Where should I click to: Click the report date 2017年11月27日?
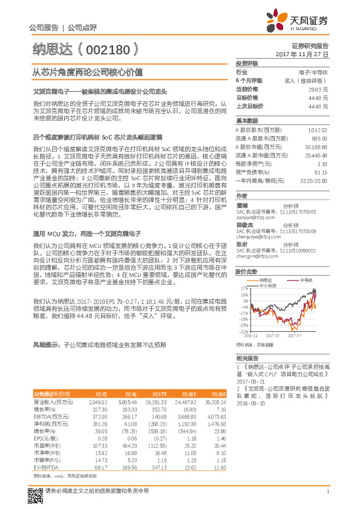pyautogui.click(x=301, y=54)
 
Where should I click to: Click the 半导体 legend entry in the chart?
pyautogui.click(x=307, y=280)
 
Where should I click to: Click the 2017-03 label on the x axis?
pyautogui.click(x=275, y=334)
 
